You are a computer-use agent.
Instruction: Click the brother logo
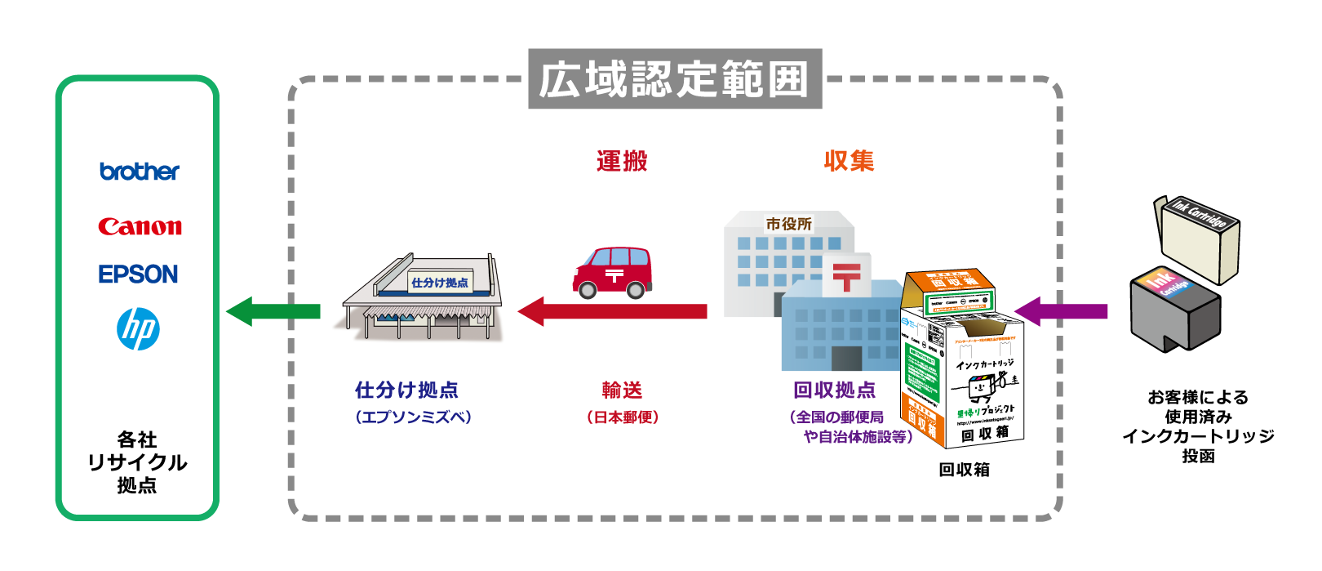[x=140, y=172]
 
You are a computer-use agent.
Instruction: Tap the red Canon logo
[x=140, y=226]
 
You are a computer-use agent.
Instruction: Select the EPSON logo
[x=138, y=274]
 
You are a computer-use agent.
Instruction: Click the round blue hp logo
[x=138, y=329]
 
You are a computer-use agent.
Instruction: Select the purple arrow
[x=1061, y=311]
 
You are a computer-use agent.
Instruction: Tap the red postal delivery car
[x=613, y=272]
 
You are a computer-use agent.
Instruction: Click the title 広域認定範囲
[x=674, y=79]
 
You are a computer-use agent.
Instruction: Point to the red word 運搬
[x=622, y=161]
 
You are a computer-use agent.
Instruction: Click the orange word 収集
[x=849, y=161]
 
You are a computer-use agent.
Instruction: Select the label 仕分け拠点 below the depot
[x=406, y=390]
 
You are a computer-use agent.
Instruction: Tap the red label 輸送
[x=622, y=390]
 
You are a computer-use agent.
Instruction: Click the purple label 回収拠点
[x=834, y=390]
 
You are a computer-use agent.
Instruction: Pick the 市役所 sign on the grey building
[x=788, y=224]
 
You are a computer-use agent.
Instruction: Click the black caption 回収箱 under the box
[x=964, y=470]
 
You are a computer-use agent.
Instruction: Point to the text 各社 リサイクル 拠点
[x=137, y=462]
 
